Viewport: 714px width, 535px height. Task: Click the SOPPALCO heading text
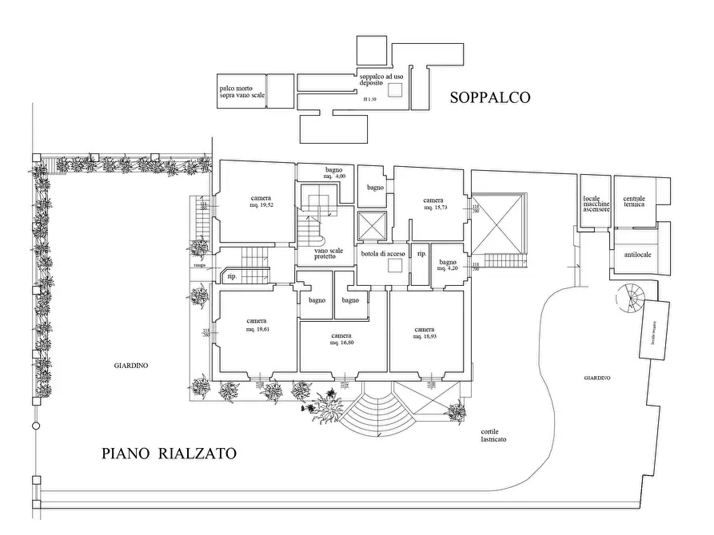[x=490, y=98]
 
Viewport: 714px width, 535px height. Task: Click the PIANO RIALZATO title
[x=170, y=454]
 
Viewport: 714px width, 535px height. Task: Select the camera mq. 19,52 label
[x=261, y=202]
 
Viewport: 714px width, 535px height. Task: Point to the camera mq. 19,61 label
[x=257, y=325]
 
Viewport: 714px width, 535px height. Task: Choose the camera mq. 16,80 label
[x=341, y=339]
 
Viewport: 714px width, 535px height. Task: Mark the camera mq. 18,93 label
[x=424, y=333]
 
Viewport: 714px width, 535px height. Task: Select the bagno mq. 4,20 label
[x=447, y=265]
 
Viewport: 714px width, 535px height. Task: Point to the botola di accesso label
[x=383, y=253]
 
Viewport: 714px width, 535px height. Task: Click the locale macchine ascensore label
[x=596, y=205]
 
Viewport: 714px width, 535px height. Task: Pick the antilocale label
[x=636, y=255]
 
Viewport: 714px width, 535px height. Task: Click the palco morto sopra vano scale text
[x=241, y=91]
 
